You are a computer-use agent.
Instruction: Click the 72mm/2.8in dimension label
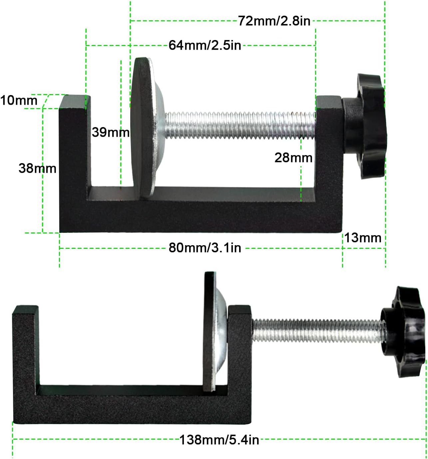pos(274,21)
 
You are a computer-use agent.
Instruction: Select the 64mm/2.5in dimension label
pos(205,45)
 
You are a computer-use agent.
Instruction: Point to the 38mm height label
pos(37,168)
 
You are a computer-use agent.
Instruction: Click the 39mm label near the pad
pos(110,132)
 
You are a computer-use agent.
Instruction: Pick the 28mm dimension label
pos(293,158)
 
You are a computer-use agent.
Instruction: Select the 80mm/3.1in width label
pos(205,248)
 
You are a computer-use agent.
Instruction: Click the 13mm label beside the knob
pos(362,238)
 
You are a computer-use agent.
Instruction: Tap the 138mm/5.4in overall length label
pos(219,440)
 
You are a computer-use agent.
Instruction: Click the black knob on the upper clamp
pos(366,127)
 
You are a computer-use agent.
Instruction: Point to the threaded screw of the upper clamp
pos(240,125)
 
